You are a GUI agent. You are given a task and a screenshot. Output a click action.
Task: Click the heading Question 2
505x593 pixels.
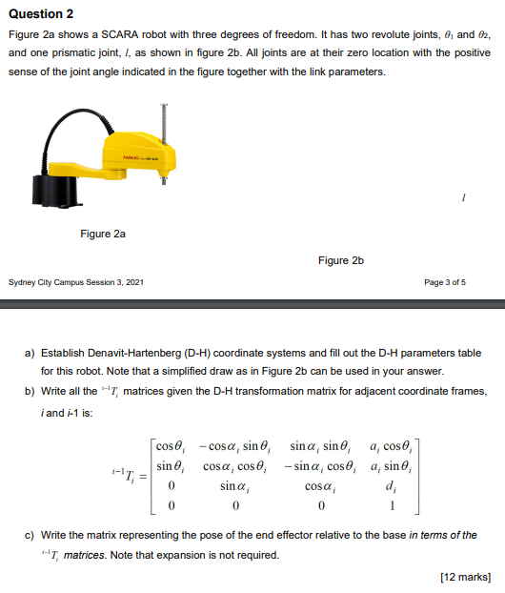point(41,15)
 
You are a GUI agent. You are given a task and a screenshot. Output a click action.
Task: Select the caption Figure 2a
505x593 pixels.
point(103,233)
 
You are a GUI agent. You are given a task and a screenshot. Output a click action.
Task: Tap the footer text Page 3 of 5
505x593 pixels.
point(446,282)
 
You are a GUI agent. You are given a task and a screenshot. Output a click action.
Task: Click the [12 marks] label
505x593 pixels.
point(464,576)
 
